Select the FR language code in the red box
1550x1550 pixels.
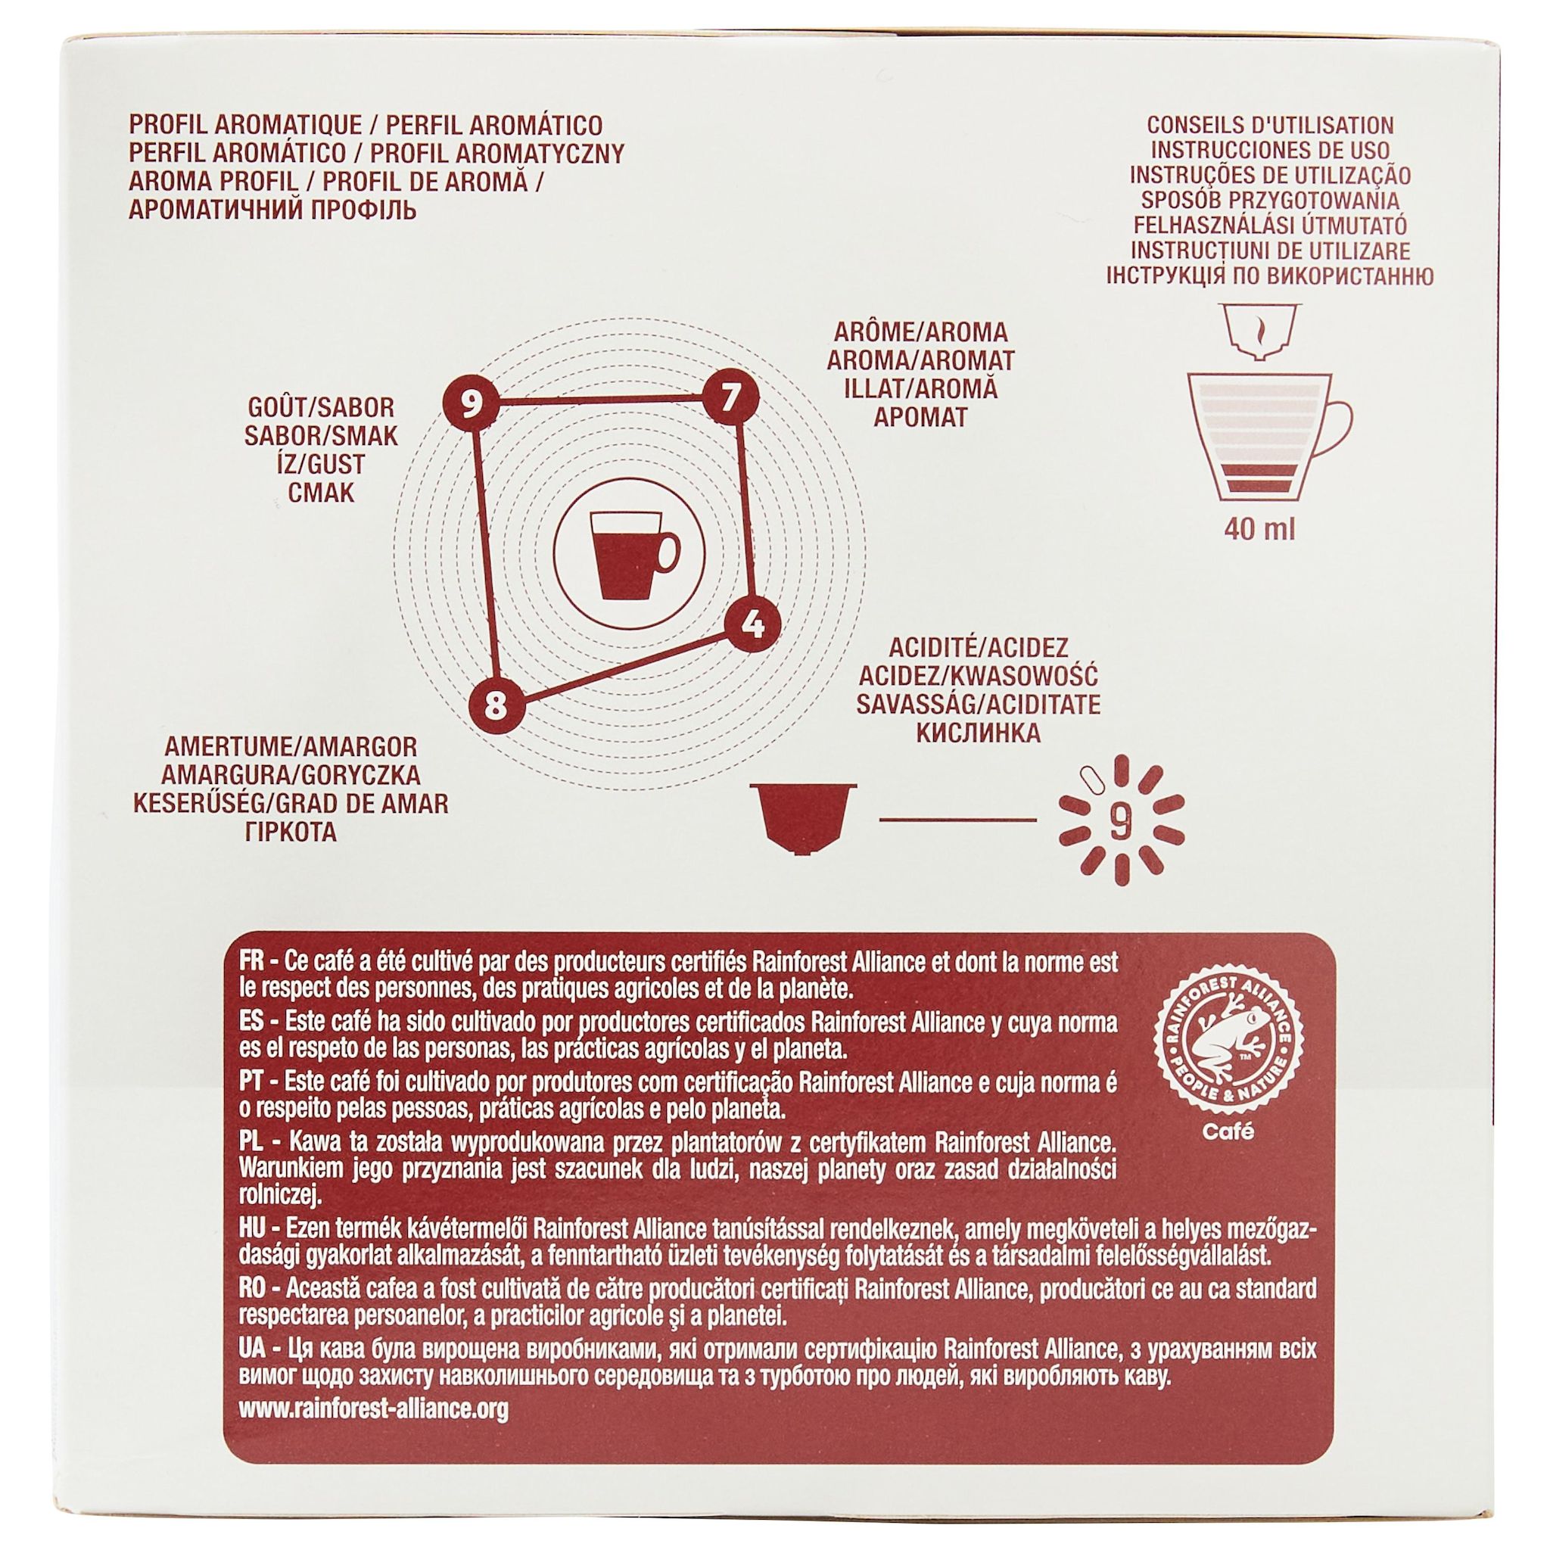coord(254,962)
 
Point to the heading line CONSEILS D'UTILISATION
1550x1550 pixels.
coord(1270,125)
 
